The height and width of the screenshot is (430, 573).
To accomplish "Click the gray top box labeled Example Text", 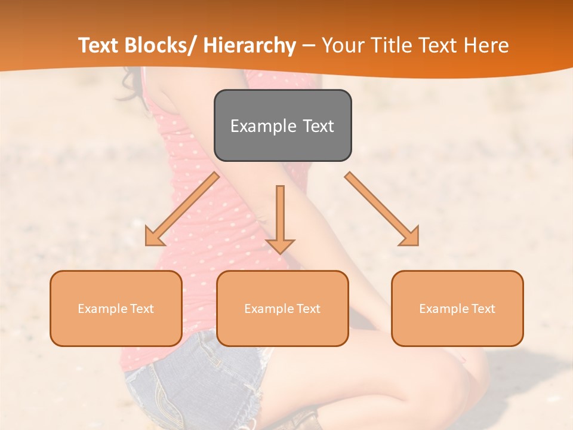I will tap(282, 125).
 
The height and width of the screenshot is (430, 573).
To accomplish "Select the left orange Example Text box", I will tap(116, 308).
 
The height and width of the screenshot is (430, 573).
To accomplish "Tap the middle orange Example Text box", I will tap(282, 308).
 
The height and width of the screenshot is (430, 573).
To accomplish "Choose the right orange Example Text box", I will tap(457, 308).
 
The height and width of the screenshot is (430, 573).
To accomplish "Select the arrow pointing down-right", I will tap(382, 209).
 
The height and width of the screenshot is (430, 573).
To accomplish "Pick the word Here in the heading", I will tap(488, 45).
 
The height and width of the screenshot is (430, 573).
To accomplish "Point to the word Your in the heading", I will tap(341, 45).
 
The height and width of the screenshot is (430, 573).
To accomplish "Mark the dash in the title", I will tap(309, 46).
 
